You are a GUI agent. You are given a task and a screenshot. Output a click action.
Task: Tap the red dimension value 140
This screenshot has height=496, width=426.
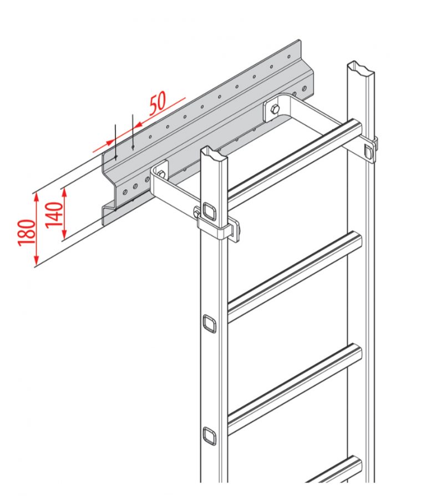tap(53, 212)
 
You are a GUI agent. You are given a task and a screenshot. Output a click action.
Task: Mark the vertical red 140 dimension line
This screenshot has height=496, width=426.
tap(64, 214)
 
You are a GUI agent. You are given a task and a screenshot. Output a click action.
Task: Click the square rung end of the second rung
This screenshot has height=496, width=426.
tap(210, 323)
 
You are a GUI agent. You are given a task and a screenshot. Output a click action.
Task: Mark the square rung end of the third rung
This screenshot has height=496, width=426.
tap(210, 435)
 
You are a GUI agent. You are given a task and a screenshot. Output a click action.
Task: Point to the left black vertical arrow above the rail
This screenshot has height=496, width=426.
tap(114, 142)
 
